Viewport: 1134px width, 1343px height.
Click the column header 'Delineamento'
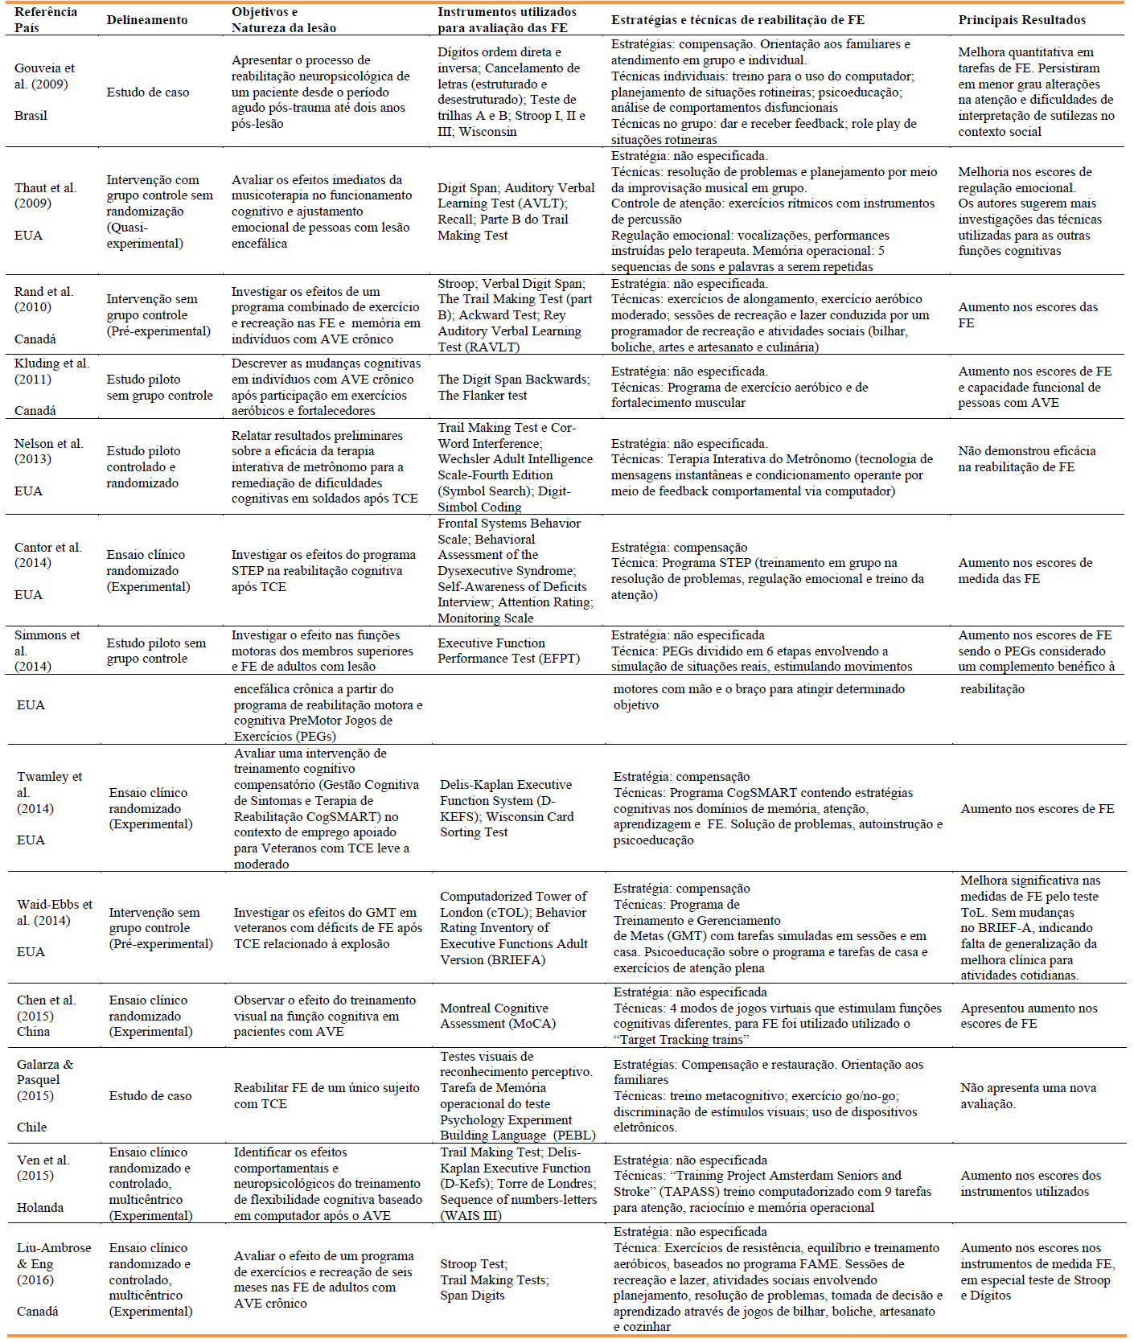click(147, 20)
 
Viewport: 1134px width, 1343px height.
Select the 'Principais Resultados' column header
click(1021, 20)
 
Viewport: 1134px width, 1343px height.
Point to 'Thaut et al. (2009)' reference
click(45, 195)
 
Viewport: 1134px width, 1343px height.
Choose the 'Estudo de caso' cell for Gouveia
click(148, 92)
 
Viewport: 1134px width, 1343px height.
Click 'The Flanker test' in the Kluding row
click(483, 396)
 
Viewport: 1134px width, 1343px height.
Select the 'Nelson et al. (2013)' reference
click(48, 451)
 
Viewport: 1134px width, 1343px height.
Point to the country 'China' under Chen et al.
click(33, 1032)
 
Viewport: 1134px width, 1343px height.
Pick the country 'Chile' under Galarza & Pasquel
click(32, 1127)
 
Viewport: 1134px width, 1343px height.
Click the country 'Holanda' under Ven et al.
click(40, 1208)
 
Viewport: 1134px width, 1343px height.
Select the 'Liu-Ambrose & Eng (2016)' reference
click(54, 1264)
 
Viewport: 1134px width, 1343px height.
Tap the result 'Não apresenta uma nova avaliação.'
click(1028, 1096)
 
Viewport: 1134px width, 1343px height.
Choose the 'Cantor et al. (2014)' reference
click(47, 555)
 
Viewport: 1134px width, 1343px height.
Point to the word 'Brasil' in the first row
click(31, 116)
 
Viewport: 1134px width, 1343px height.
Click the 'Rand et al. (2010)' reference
click(43, 299)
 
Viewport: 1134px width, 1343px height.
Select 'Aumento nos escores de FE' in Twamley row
click(1037, 809)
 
